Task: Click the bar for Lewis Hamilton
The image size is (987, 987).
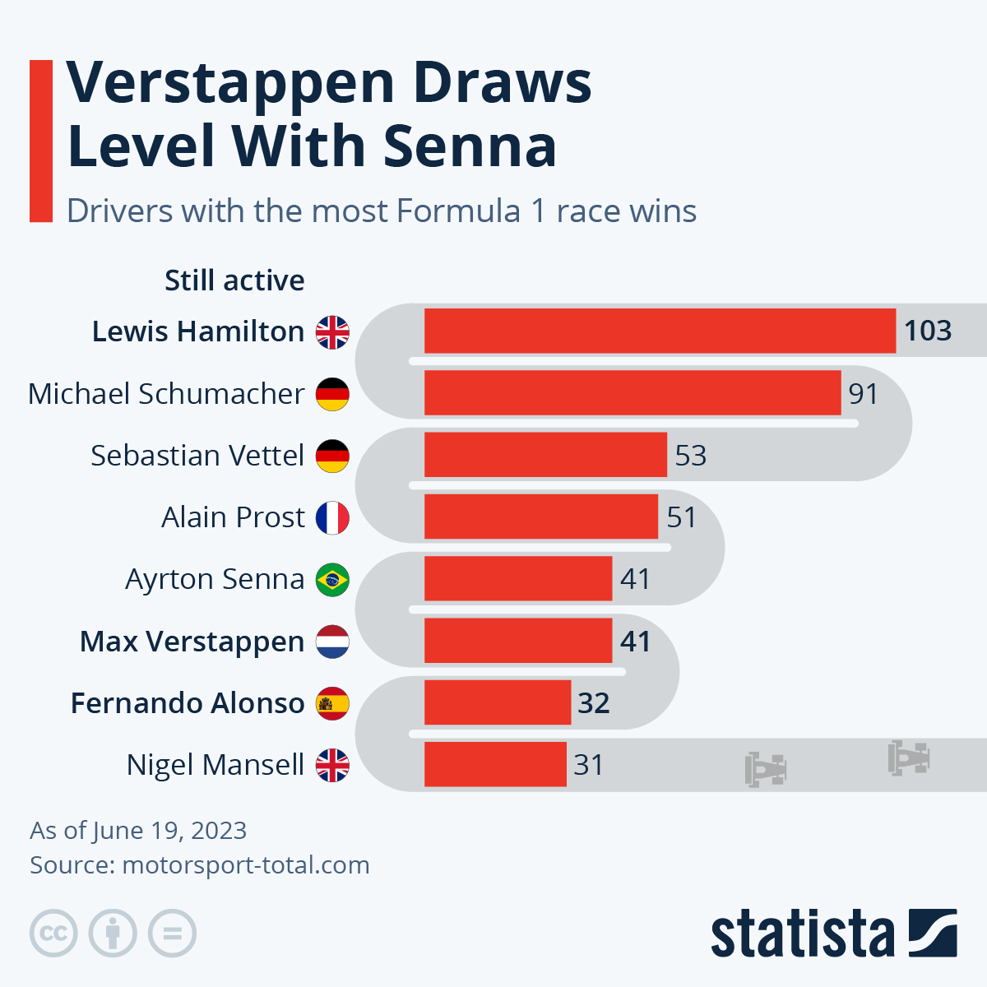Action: [660, 331]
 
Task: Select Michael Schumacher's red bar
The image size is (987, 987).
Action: [633, 392]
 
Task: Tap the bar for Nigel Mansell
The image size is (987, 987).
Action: [495, 764]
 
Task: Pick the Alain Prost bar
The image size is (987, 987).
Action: [541, 517]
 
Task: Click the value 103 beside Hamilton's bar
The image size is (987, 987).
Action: [928, 331]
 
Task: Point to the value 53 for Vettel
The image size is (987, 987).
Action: [690, 455]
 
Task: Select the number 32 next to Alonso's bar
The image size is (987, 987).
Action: [594, 702]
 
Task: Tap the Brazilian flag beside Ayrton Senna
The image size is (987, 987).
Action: [332, 580]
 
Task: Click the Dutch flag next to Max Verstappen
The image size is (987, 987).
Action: [332, 642]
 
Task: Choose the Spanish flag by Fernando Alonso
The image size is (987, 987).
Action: [332, 703]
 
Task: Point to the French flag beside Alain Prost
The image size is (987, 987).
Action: [332, 518]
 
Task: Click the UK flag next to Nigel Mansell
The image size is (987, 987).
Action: [332, 765]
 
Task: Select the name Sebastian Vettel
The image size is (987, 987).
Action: [197, 455]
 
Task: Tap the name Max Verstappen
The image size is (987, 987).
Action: [192, 642]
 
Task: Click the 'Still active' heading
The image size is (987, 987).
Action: [234, 280]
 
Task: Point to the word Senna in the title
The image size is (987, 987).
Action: [470, 146]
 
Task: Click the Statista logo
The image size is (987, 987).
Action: [834, 933]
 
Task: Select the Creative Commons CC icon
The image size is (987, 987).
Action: [53, 933]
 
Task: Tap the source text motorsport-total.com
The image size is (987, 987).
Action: [246, 865]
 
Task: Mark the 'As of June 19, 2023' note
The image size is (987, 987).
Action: [138, 831]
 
